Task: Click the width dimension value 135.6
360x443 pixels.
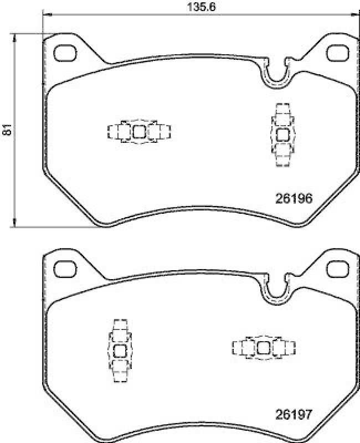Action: pyautogui.click(x=189, y=7)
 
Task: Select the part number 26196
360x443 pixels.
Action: pyautogui.click(x=295, y=198)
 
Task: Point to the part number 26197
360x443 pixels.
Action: pyautogui.click(x=295, y=414)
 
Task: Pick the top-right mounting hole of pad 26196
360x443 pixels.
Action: pyautogui.click(x=336, y=53)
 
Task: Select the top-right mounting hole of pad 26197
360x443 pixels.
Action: pyautogui.click(x=336, y=269)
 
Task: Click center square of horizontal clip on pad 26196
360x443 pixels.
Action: pyautogui.click(x=138, y=132)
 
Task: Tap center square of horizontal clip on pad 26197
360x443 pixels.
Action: pyautogui.click(x=264, y=347)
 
